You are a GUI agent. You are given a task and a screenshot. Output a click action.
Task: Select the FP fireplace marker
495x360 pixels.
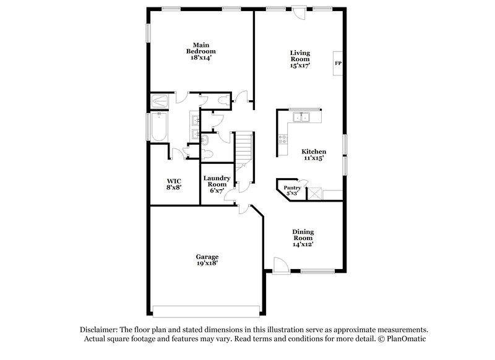click(338, 63)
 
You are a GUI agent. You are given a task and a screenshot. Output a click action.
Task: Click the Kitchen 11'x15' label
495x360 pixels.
click(314, 155)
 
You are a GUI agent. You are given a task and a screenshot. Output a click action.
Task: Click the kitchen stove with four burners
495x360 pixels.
click(285, 139)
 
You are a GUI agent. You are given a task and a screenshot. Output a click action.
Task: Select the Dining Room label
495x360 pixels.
click(303, 238)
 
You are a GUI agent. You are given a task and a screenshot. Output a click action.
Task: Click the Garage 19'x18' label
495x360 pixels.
click(207, 260)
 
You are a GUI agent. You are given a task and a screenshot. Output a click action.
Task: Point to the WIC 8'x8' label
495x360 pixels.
click(174, 184)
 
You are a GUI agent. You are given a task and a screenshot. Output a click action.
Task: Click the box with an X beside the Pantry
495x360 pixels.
click(316, 194)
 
